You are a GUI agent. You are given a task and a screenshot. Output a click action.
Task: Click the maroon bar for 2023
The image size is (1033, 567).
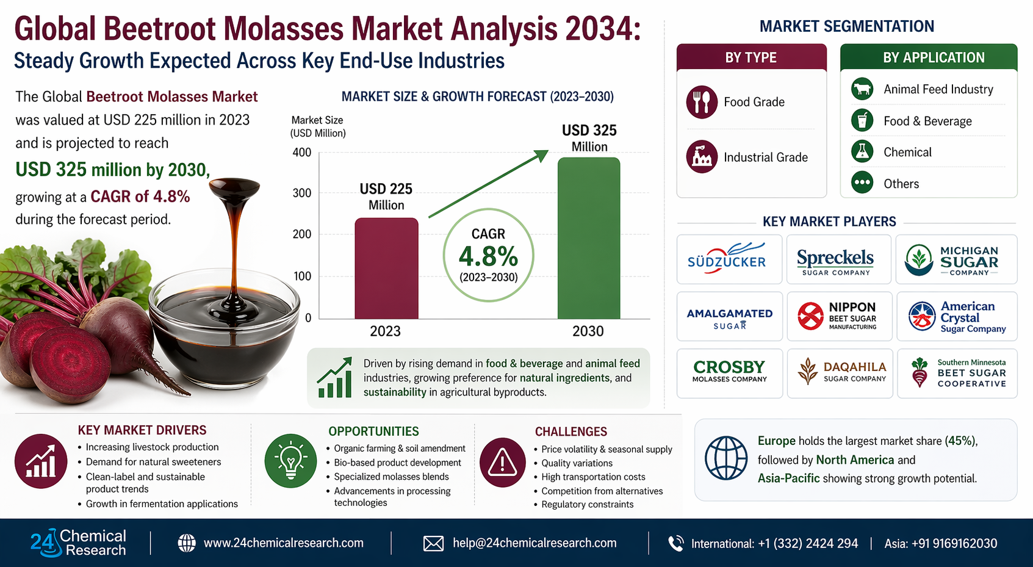click(386, 268)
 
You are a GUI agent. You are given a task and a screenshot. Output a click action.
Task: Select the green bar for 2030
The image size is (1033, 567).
click(589, 238)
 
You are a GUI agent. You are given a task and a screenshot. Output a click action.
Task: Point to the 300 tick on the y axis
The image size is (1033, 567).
click(302, 193)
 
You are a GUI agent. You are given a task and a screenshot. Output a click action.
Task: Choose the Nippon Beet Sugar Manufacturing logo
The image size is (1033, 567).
click(838, 316)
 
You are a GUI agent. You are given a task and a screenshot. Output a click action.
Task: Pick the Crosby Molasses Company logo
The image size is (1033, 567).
click(729, 371)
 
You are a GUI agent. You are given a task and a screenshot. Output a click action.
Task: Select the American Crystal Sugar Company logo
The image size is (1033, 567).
click(957, 317)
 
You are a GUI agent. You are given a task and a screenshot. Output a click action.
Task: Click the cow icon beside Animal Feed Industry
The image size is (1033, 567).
click(862, 88)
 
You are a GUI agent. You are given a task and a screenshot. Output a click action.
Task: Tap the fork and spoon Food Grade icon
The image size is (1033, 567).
click(702, 102)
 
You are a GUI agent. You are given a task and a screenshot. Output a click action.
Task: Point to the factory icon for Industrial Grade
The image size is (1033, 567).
click(702, 157)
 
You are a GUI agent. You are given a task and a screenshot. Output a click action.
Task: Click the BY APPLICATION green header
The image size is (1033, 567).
click(929, 57)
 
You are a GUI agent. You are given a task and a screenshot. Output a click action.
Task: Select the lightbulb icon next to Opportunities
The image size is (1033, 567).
click(290, 460)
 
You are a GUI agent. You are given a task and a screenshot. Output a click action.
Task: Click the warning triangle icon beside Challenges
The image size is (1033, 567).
click(502, 462)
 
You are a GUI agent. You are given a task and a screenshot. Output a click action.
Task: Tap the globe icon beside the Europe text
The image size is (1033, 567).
click(726, 458)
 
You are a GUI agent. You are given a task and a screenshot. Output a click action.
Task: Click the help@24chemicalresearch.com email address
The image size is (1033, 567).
click(534, 543)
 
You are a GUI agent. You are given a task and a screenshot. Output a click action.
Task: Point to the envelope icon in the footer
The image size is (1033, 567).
click(433, 543)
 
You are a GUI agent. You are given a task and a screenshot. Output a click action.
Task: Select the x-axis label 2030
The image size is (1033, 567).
click(588, 331)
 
